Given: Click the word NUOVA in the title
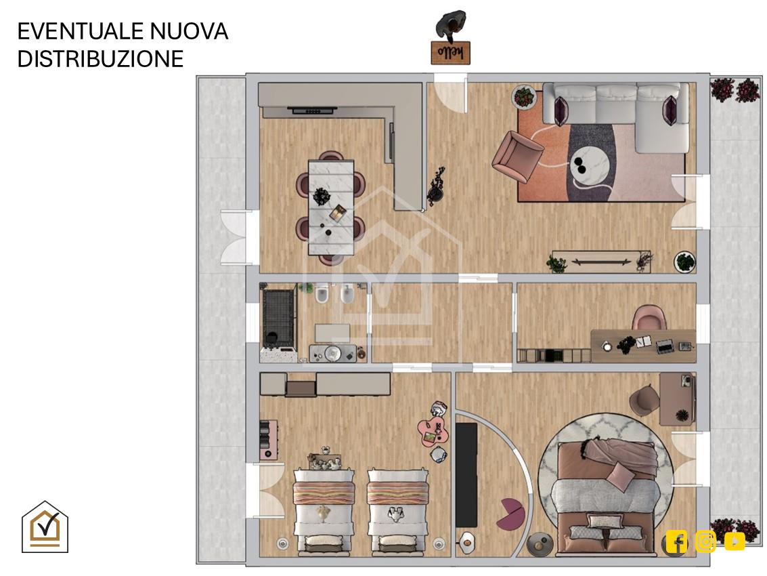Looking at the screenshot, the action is (188, 31).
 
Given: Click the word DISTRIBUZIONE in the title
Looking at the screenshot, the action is (100, 58).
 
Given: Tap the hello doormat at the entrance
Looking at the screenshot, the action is (450, 52).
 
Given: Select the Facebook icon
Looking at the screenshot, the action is (676, 541).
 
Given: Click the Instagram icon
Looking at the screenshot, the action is (705, 541).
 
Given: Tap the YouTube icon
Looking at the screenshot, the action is (735, 541).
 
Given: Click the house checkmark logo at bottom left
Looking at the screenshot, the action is (45, 527).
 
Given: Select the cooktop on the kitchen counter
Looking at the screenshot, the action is (313, 110).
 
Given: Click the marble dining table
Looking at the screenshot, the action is (330, 207).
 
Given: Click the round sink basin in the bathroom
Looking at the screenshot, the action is (332, 352).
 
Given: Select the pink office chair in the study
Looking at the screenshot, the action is (649, 318).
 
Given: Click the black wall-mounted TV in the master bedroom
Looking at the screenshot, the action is (466, 475).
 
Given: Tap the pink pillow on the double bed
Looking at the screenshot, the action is (621, 474).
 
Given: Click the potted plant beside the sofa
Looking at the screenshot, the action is (524, 96).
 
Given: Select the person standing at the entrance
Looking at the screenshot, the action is (450, 24).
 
